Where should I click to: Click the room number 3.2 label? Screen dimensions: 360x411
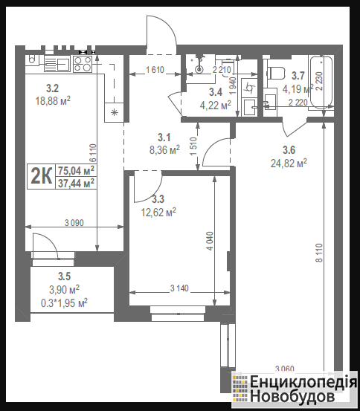coord(52,88)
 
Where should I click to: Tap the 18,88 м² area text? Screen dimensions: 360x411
coord(53,100)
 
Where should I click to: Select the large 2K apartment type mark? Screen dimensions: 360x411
coord(41,176)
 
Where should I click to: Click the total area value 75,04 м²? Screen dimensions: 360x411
coord(76,171)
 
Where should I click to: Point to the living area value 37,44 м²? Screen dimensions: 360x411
coord(76,183)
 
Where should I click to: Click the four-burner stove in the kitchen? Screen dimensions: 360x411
coord(83,64)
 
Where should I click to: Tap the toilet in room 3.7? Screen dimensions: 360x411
coord(276,74)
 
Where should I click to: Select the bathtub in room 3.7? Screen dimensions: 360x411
coord(321,82)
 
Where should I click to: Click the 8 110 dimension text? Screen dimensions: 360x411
coord(319,253)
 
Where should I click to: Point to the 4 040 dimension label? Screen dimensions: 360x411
coord(210,241)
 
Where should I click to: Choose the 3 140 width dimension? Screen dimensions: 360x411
coord(179,288)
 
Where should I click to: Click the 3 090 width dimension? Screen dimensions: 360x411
coord(74,223)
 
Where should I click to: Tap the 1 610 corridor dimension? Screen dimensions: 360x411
coord(155,70)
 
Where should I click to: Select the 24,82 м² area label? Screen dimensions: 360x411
coord(289,164)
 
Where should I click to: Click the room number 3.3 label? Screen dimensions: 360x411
coord(158,199)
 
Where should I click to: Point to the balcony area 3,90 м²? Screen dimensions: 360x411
coord(65,289)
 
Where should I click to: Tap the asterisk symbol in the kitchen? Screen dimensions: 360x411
coord(114,113)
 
